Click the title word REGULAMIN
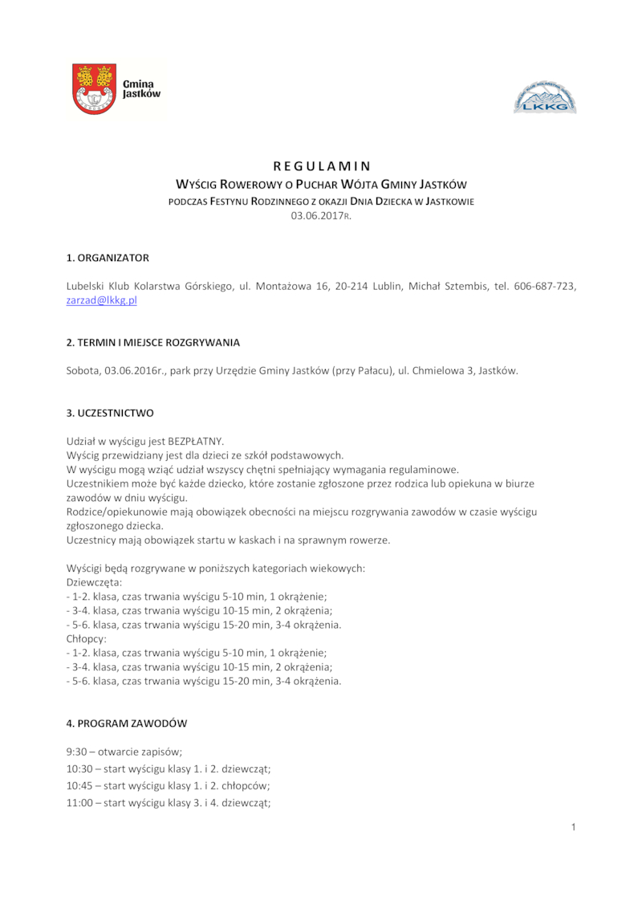pyautogui.click(x=321, y=167)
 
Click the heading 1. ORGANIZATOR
pyautogui.click(x=108, y=258)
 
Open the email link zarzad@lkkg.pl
pyautogui.click(x=102, y=300)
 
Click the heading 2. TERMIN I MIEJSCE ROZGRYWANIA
pyautogui.click(x=152, y=343)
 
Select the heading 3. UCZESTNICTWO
pyautogui.click(x=110, y=413)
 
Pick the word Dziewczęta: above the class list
pyautogui.click(x=94, y=582)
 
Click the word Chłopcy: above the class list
pyautogui.click(x=87, y=639)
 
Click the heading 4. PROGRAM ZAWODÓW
pyautogui.click(x=127, y=724)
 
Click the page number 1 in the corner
pyautogui.click(x=574, y=828)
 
